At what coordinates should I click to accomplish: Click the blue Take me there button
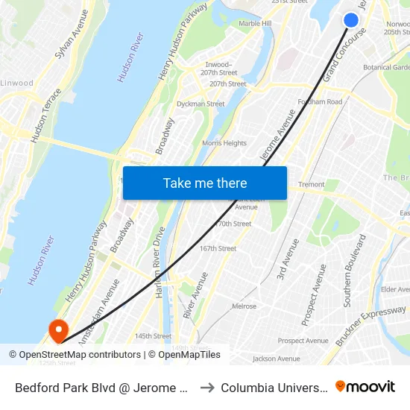tap(205, 183)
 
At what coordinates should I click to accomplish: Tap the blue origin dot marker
tap(351, 20)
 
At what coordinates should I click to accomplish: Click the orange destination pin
tap(57, 329)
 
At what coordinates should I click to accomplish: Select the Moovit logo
tap(365, 387)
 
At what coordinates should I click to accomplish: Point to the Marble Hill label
tap(255, 24)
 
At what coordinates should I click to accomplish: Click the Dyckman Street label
tap(201, 104)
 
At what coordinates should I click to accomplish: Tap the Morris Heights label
tap(224, 143)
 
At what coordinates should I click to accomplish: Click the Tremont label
tap(311, 184)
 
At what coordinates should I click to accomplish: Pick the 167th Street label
tap(218, 249)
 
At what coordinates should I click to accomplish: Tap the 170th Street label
tap(233, 224)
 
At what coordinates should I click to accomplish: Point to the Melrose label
tap(244, 306)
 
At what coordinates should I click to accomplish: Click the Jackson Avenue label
tap(276, 359)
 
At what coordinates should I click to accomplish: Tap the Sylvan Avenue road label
tap(72, 35)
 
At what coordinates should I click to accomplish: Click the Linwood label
tap(16, 83)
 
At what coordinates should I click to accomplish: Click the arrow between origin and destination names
tap(208, 388)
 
